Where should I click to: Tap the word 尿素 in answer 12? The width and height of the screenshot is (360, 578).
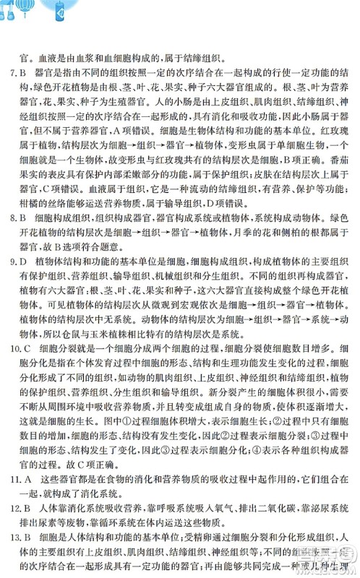click(x=51, y=527)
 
